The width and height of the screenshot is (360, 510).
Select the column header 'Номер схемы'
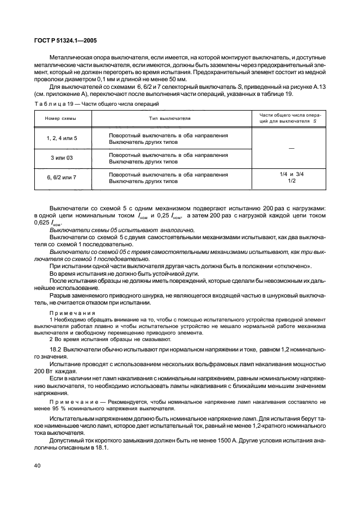(x=61, y=118)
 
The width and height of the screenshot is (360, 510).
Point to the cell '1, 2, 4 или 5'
(x=61, y=138)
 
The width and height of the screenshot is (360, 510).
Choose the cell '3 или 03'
(x=61, y=158)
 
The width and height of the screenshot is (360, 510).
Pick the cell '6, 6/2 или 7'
(x=61, y=178)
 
